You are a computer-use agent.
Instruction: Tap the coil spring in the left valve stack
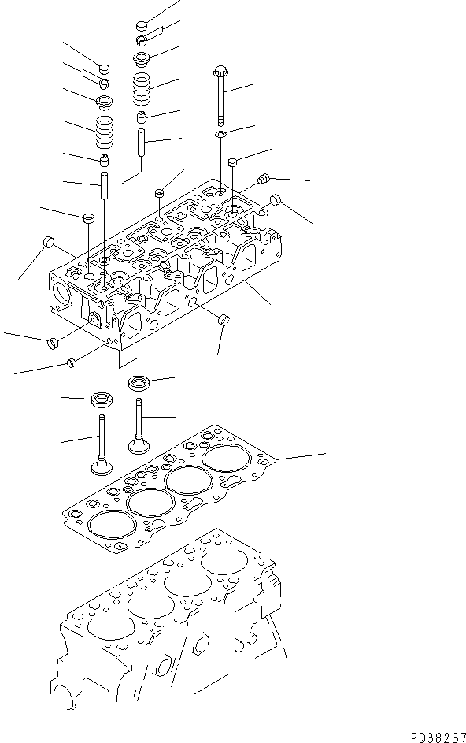104,132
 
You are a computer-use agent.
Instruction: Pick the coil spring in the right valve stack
142,88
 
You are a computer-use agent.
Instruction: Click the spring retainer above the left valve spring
104,102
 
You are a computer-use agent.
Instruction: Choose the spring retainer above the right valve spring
142,58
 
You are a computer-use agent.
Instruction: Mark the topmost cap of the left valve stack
104,68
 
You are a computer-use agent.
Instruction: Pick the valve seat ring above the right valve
139,383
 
